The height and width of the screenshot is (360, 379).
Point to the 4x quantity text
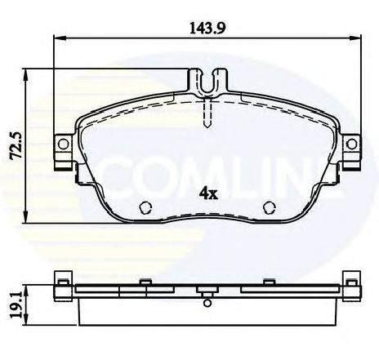[x=208, y=194]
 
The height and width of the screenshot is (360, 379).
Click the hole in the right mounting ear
[x=352, y=144]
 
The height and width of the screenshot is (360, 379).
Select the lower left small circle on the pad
[x=147, y=207]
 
